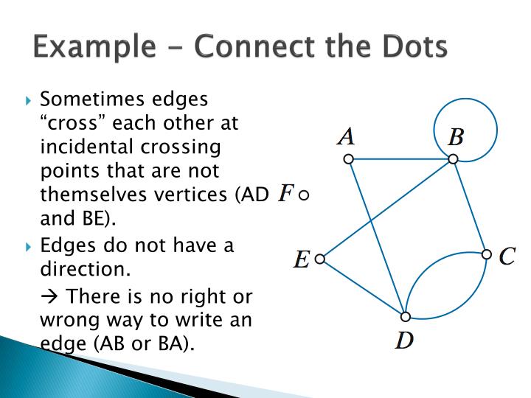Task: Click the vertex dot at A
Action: point(349,159)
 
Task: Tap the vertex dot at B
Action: point(453,159)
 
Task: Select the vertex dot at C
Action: point(486,254)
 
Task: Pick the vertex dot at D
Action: point(405,317)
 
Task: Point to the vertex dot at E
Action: point(319,259)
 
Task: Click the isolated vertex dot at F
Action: point(304,195)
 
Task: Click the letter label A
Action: point(346,136)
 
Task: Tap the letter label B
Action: point(456,137)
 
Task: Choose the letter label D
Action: point(403,341)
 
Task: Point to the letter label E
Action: point(301,259)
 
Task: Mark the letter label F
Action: point(285,194)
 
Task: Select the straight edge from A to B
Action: point(400,159)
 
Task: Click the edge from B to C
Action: point(470,207)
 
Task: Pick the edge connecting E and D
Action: point(362,287)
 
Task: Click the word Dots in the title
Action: point(412,46)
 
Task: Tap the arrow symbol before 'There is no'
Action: point(50,296)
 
